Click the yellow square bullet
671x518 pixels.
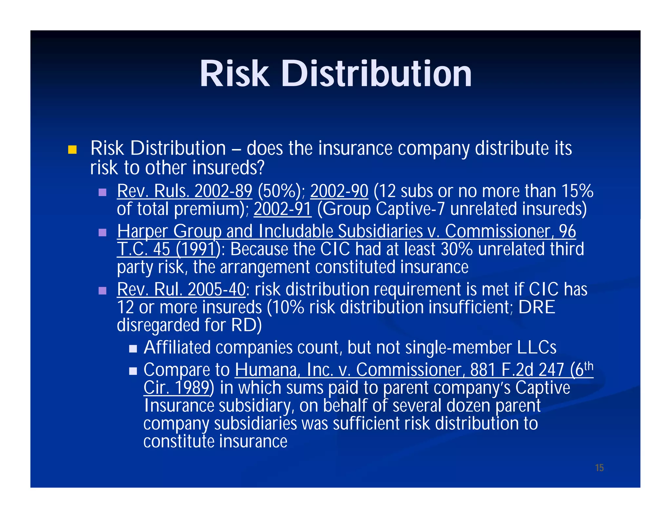pyautogui.click(x=72, y=150)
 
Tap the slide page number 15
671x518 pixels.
pyautogui.click(x=599, y=468)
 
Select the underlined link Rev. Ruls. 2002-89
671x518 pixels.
pyautogui.click(x=184, y=191)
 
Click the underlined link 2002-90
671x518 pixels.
pyautogui.click(x=339, y=191)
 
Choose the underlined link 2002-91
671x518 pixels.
pyautogui.click(x=282, y=209)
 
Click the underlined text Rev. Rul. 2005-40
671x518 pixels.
pyautogui.click(x=181, y=289)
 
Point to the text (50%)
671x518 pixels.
pyautogui.click(x=281, y=191)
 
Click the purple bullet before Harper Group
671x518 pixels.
pyautogui.click(x=103, y=232)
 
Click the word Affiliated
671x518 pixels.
pyautogui.click(x=177, y=347)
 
